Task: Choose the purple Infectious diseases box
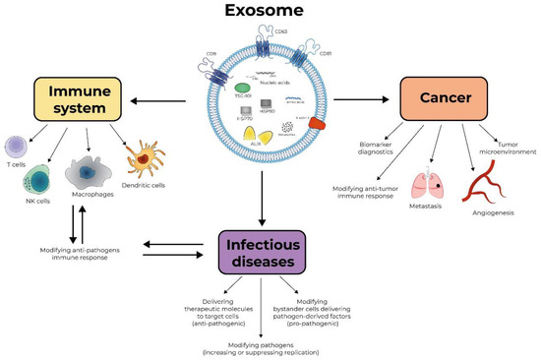coord(270,249)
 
